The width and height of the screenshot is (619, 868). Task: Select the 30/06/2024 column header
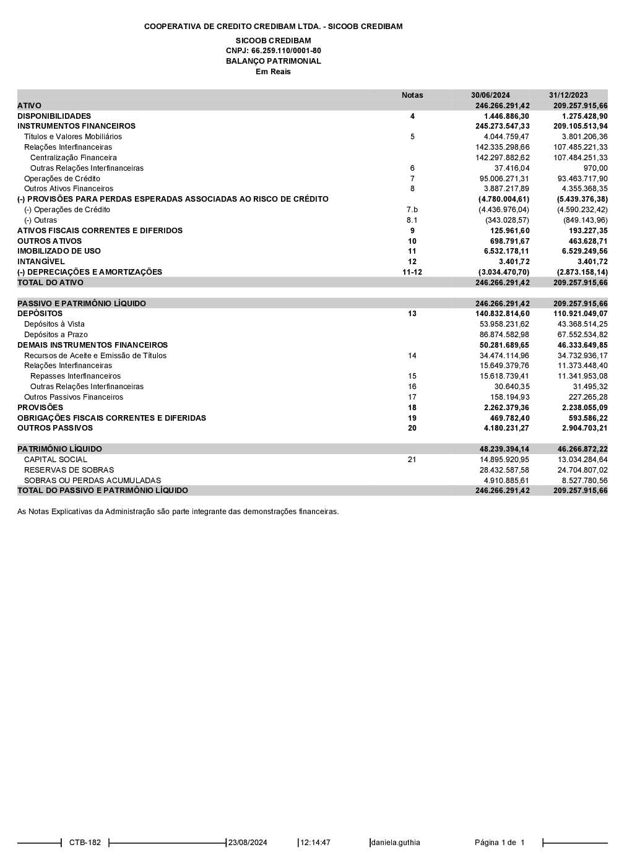click(490, 95)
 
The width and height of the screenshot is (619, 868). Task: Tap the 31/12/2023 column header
click(568, 95)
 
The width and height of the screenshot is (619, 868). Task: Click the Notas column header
click(412, 95)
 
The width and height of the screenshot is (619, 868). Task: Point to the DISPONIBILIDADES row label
click(54, 116)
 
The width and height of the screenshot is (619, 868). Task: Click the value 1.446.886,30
click(506, 116)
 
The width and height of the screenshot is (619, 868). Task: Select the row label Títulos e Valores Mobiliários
click(73, 137)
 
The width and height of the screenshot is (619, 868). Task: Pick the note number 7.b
click(412, 210)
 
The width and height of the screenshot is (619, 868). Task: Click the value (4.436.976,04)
click(504, 210)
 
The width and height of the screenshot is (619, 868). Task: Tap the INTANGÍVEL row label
click(41, 262)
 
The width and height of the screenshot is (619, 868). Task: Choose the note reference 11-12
click(412, 272)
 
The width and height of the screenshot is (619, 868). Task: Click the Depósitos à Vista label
click(54, 324)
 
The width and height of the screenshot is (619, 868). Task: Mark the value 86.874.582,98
click(504, 335)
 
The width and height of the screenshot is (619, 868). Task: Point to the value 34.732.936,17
click(582, 356)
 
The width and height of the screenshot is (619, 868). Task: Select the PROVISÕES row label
click(40, 408)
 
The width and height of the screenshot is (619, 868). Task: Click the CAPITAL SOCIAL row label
click(56, 460)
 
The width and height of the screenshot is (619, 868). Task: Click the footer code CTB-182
click(85, 843)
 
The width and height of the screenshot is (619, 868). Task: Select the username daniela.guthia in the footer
click(396, 843)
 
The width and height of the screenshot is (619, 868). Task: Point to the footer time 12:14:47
click(316, 843)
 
